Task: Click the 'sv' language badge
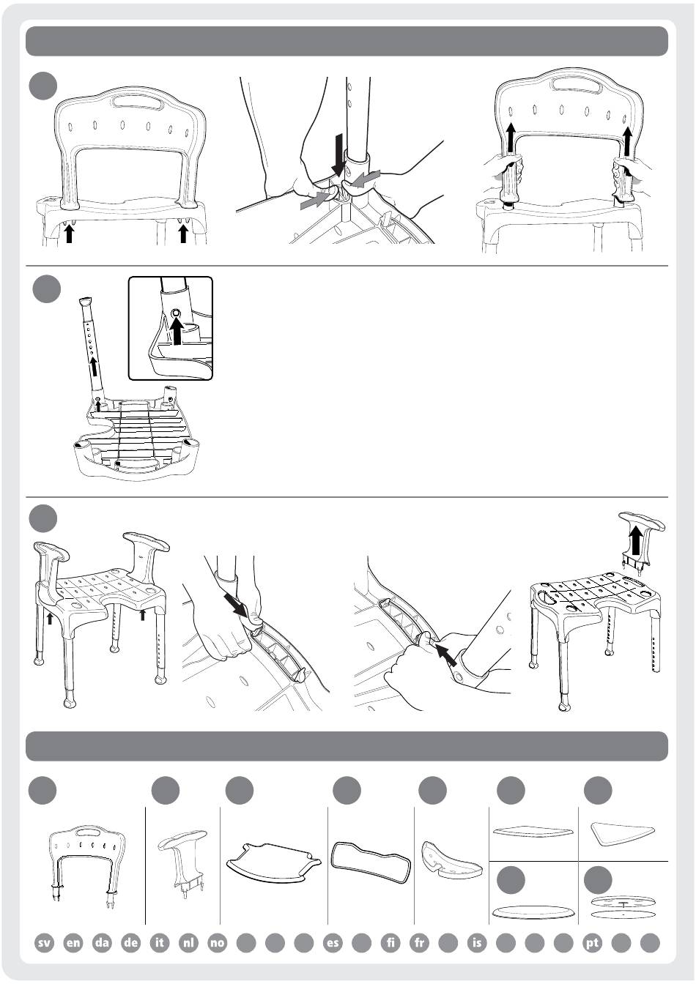45,942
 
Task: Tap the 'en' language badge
73,942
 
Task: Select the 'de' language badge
131,942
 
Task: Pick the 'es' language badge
333,942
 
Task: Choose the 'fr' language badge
420,942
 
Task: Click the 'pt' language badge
592,942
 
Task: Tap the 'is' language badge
477,942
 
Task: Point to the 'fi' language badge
390,942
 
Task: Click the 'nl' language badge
188,942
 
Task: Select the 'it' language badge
160,942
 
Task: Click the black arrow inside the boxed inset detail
177,330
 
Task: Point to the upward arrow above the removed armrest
634,541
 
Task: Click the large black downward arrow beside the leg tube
339,154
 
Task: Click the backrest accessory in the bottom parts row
88,862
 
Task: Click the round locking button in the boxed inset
176,313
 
